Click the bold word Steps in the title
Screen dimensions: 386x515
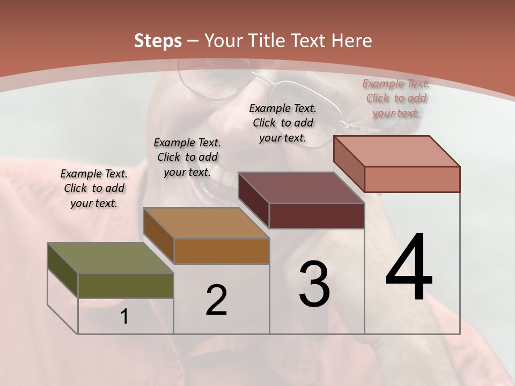tap(158, 41)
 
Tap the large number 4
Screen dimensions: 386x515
tap(409, 268)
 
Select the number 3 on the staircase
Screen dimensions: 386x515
tap(314, 284)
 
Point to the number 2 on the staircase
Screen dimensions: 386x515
tap(217, 300)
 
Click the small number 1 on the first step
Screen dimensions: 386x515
tap(124, 317)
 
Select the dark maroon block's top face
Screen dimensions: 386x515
tap(301, 188)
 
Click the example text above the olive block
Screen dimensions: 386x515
tap(94, 189)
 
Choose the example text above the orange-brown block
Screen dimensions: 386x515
tap(187, 158)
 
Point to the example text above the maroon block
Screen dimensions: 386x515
tap(283, 123)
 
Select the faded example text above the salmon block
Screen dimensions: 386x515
tap(396, 99)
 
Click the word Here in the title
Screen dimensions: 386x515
tap(352, 41)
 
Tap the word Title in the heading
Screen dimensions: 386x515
tap(265, 41)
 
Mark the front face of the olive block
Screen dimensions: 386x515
tap(126, 285)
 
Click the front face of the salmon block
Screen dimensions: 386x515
tap(412, 179)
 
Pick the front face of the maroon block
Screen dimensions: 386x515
tap(317, 216)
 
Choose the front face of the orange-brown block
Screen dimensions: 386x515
tap(221, 251)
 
